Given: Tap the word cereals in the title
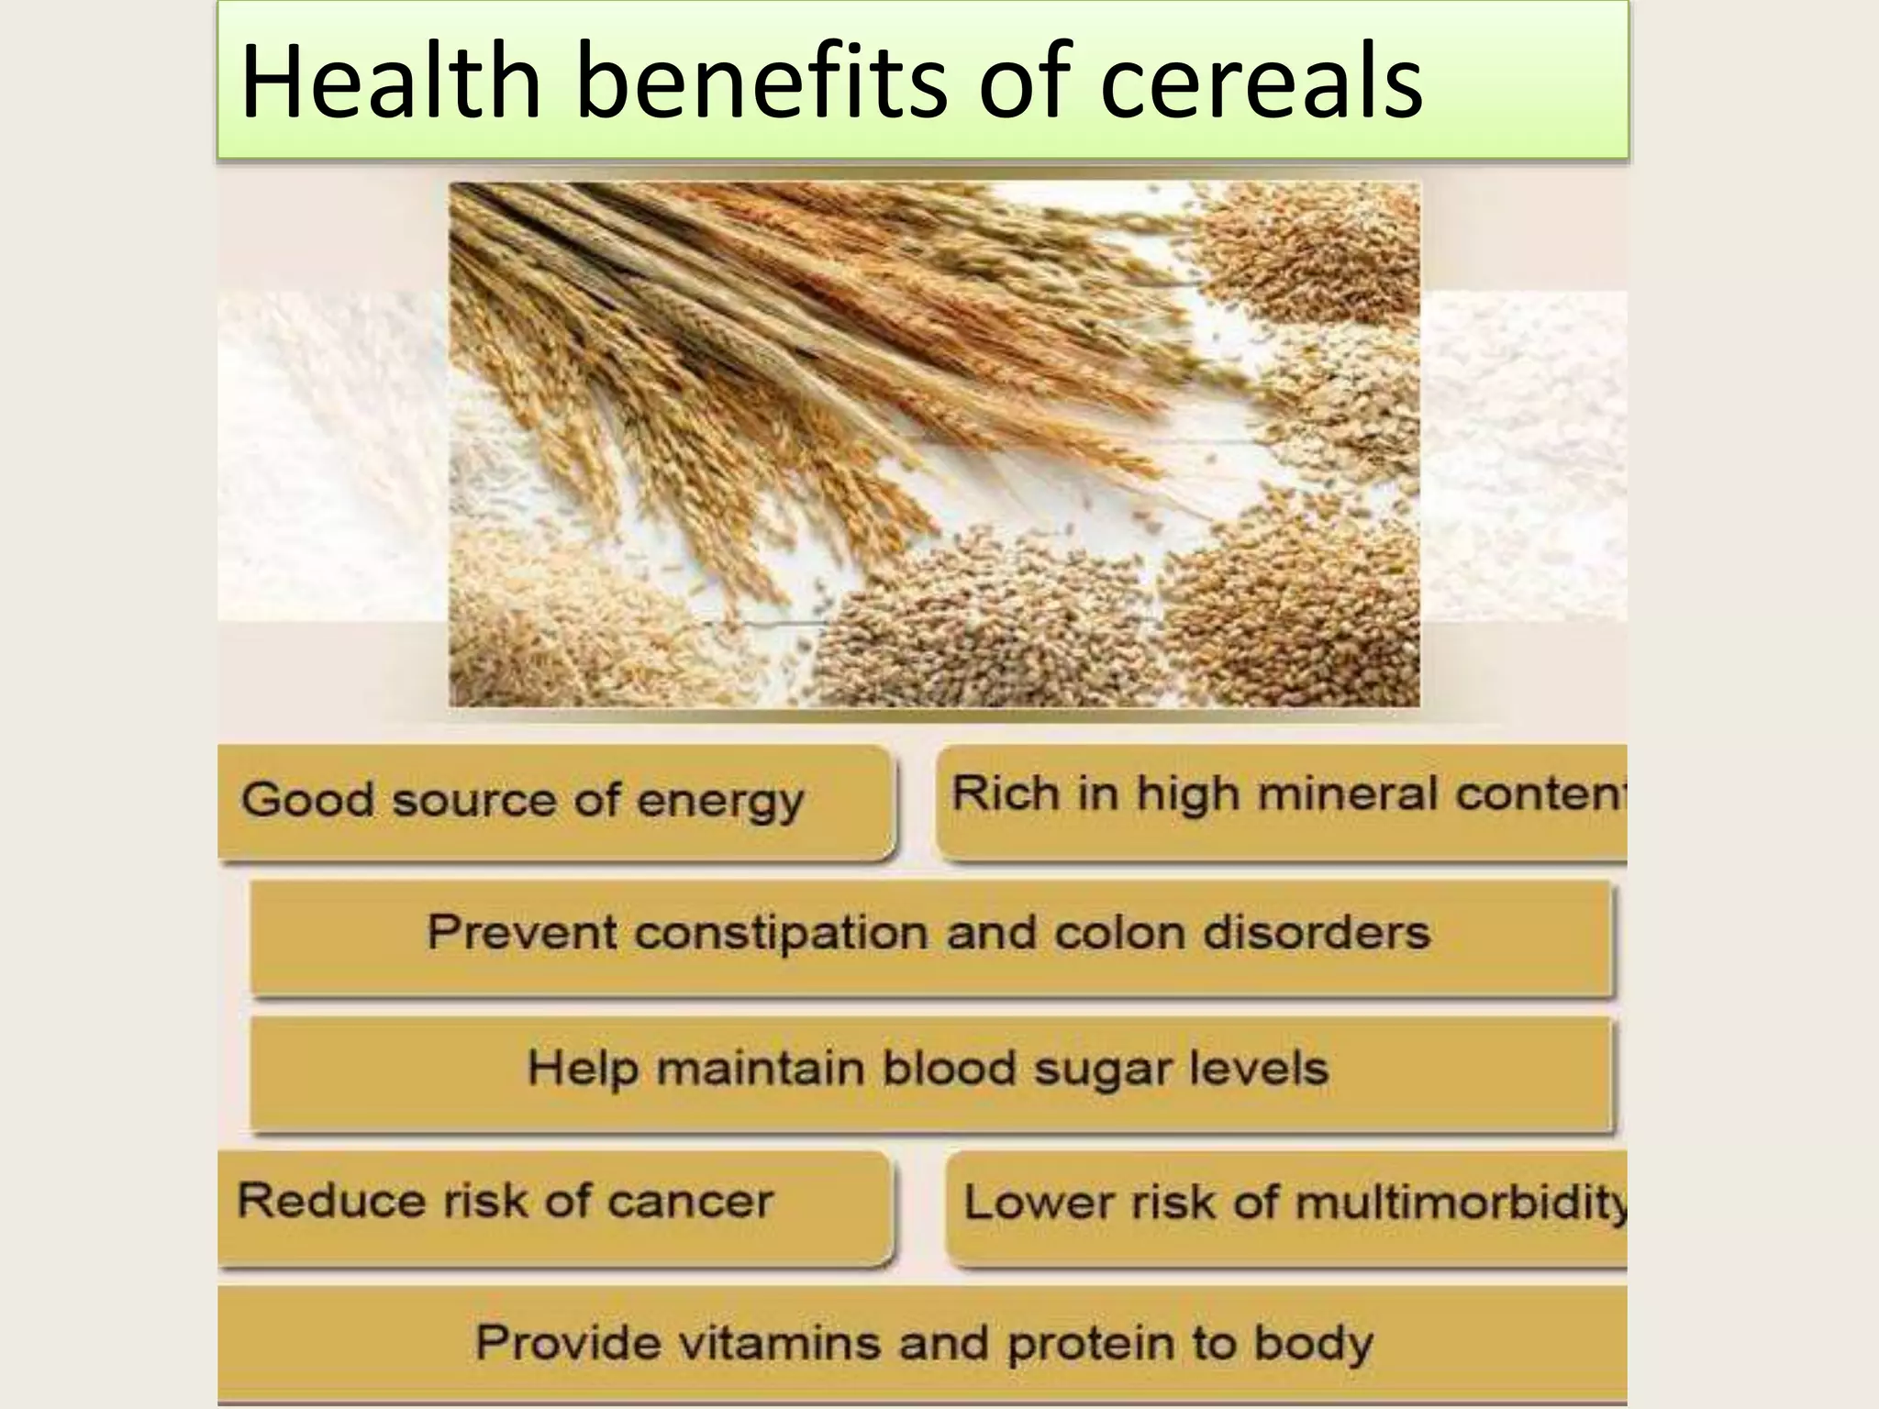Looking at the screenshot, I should click(1261, 83).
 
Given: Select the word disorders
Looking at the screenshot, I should click(1316, 934).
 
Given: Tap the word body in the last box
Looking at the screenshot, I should click(1313, 1345).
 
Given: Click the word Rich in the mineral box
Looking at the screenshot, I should click(1005, 793).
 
